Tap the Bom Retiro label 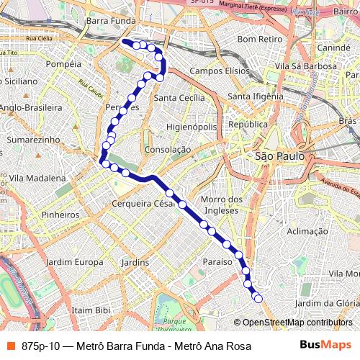tap(258, 38)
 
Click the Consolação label tap(167, 149)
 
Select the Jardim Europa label tap(74, 262)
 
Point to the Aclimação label tap(307, 231)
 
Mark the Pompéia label tap(63, 64)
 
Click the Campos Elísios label tap(217, 71)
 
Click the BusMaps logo tap(326, 346)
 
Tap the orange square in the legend tap(11, 346)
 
